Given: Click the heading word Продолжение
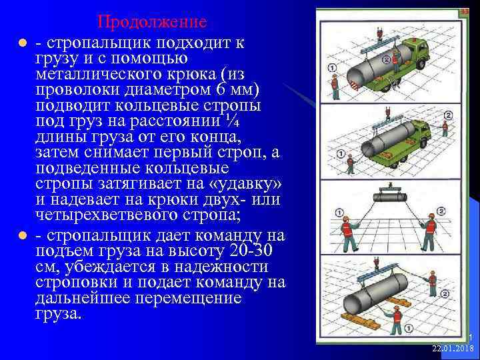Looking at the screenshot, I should (152, 21).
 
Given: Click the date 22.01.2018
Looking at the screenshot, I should (452, 349).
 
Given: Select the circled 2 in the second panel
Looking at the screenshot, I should (448, 115).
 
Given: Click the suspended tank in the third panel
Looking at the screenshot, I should (389, 197).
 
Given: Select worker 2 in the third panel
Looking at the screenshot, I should (431, 230).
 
